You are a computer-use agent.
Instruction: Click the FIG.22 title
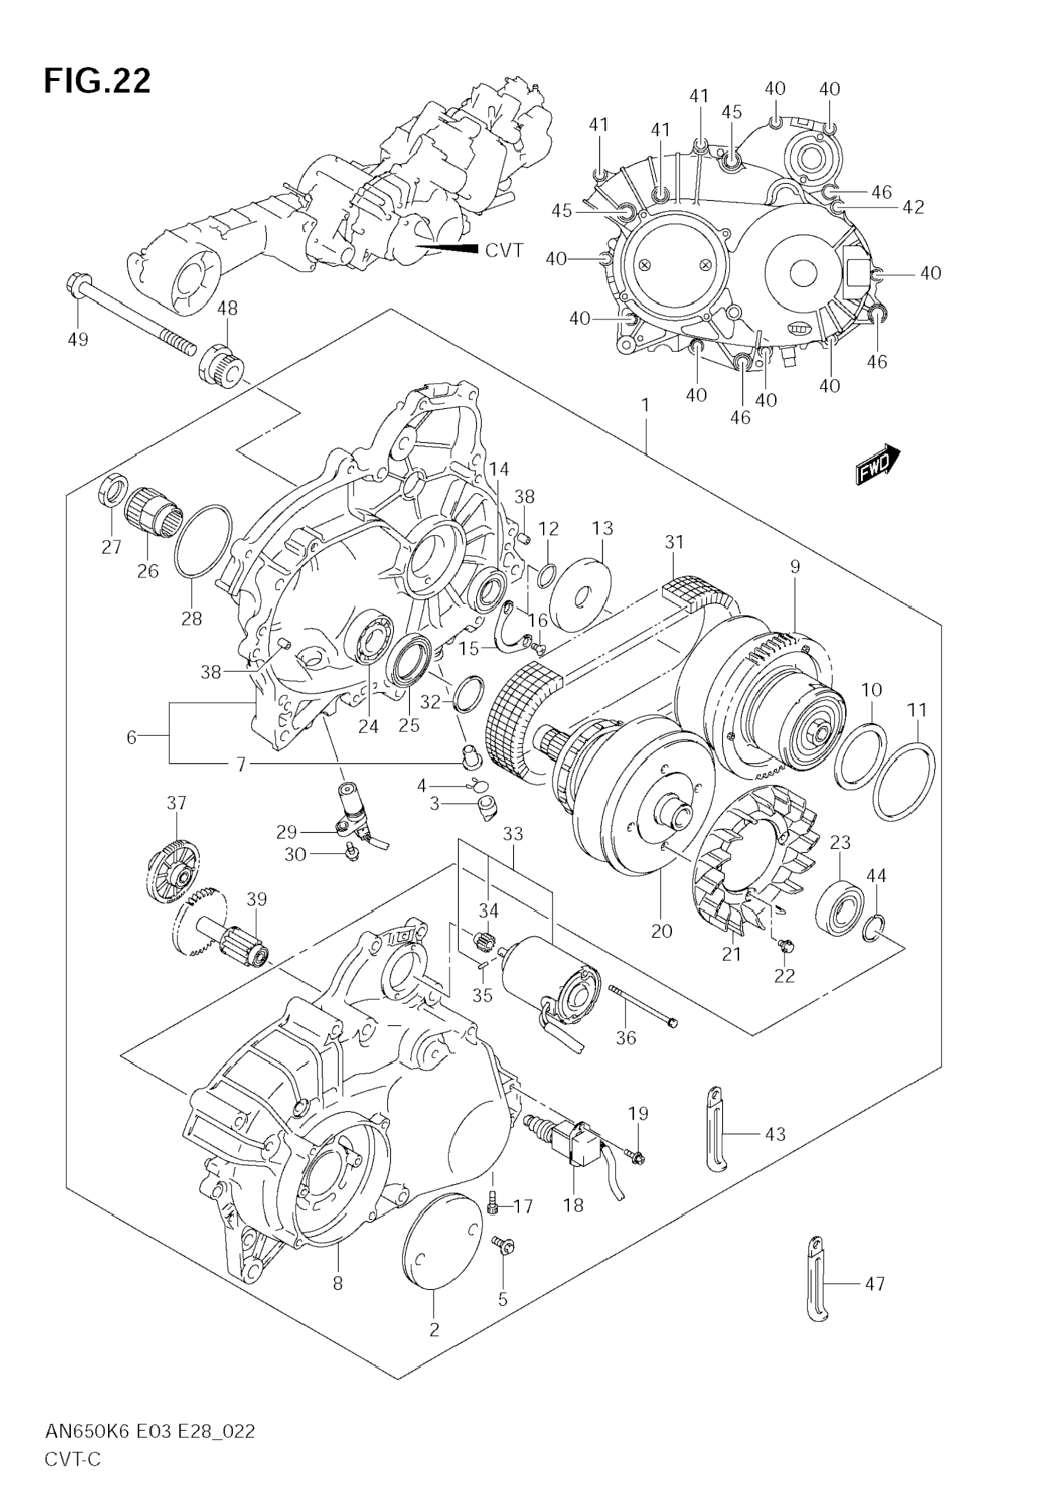tap(97, 81)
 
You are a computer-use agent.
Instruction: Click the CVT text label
tap(504, 250)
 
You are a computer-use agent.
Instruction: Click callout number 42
tap(912, 207)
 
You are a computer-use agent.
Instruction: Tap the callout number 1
tap(645, 405)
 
